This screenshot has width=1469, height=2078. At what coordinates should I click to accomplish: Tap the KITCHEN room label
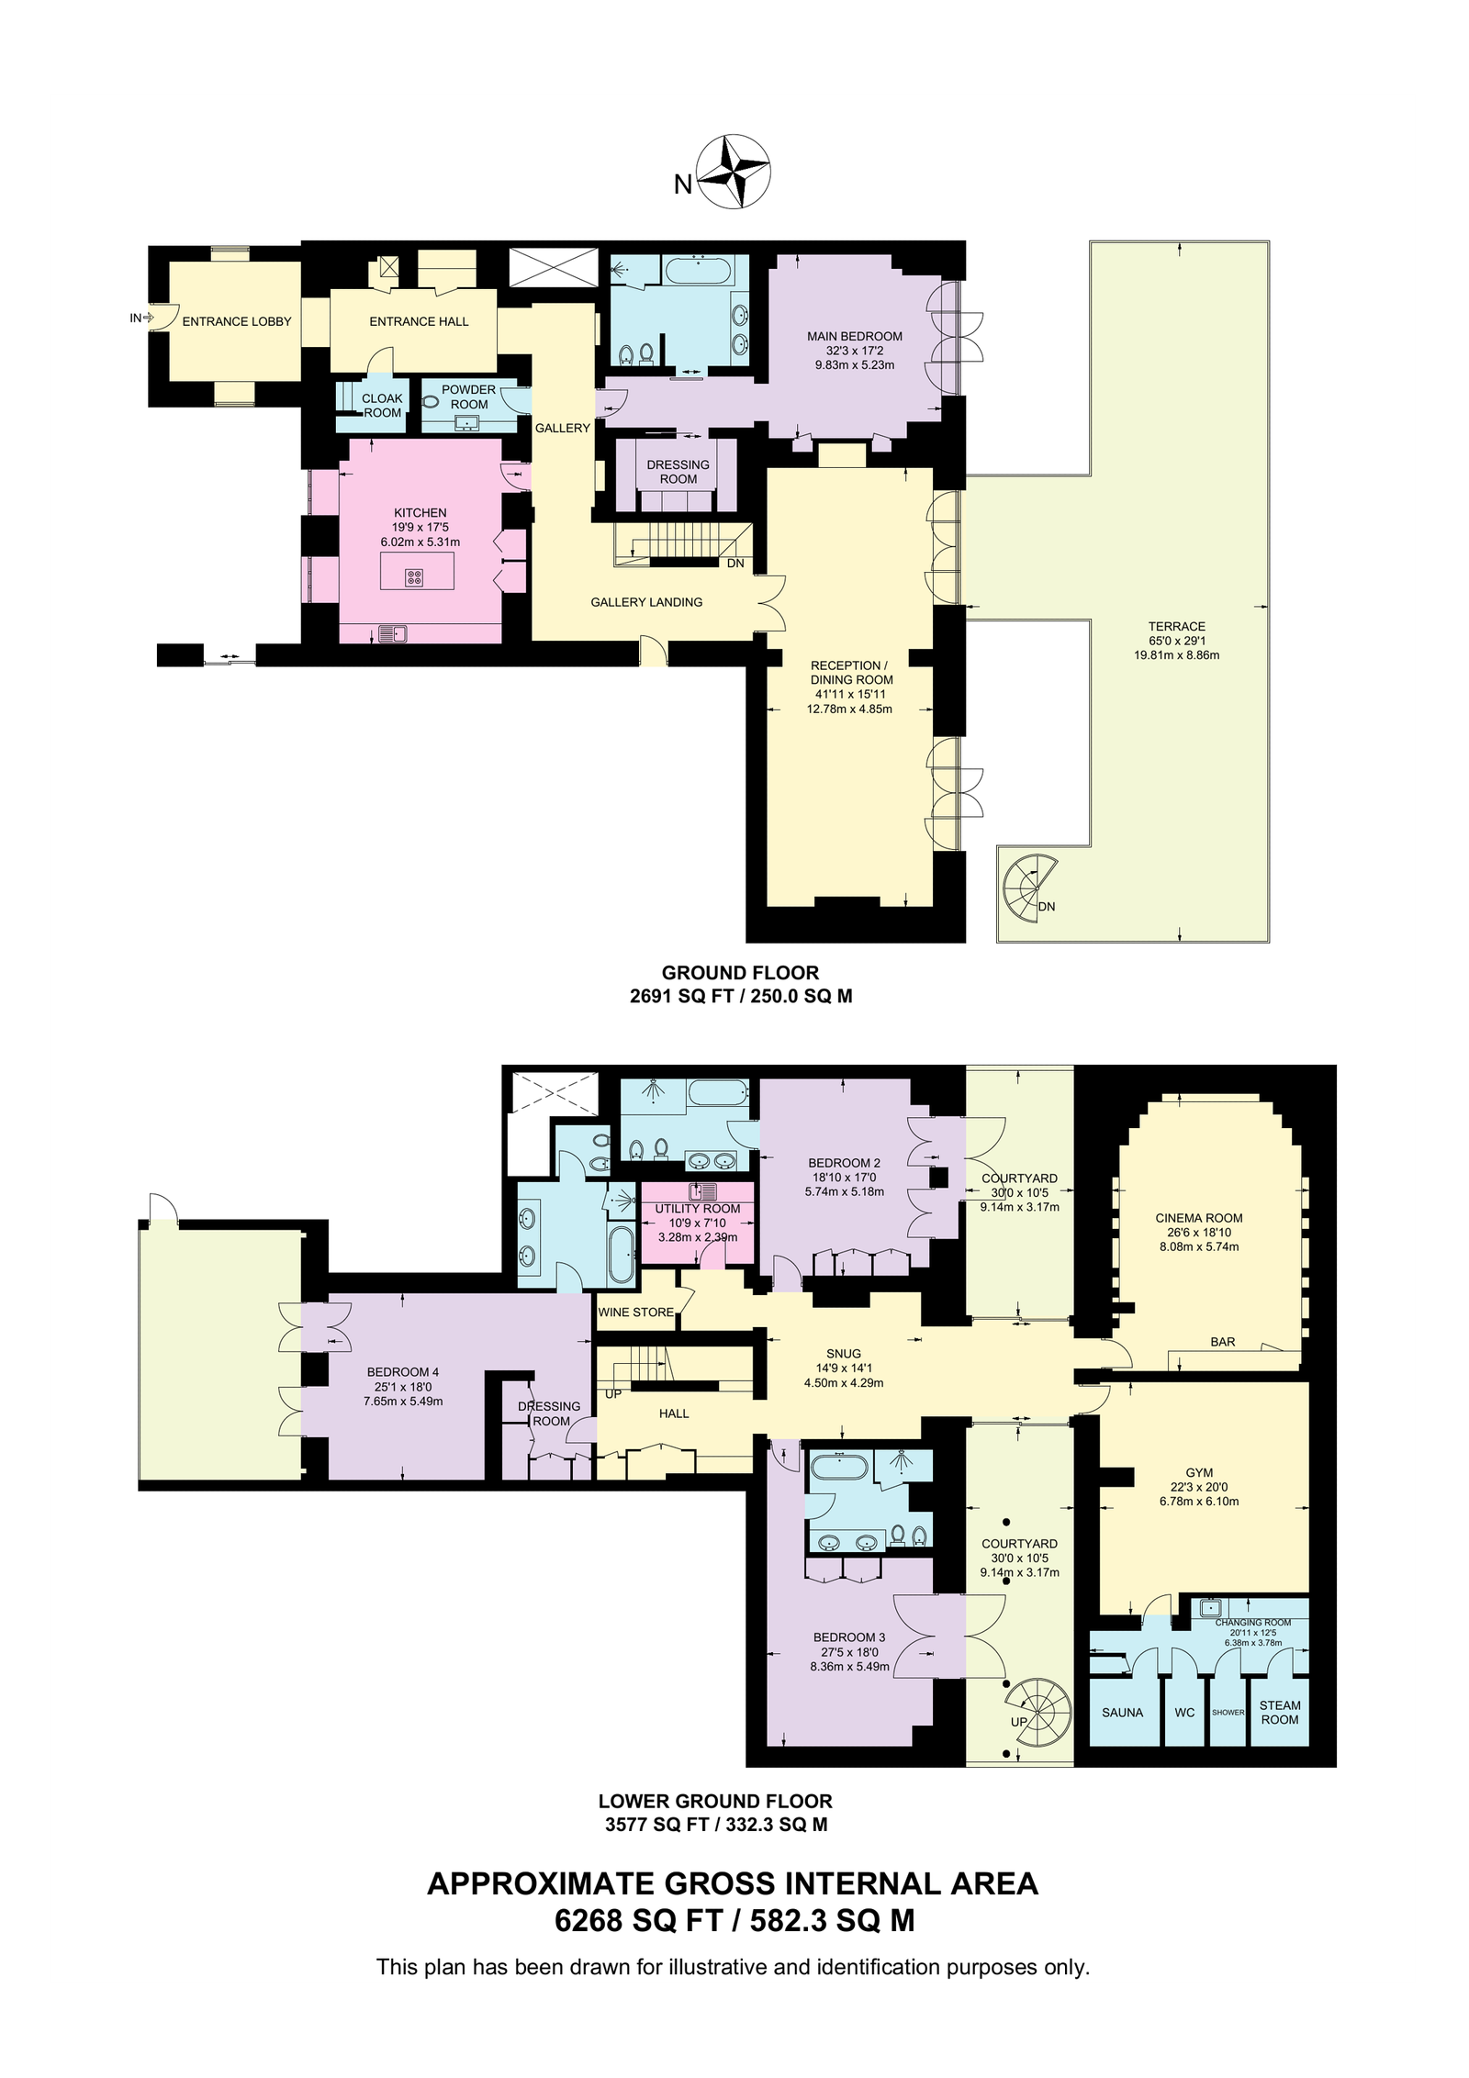(x=421, y=513)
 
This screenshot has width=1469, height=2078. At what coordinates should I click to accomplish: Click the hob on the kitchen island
(x=415, y=577)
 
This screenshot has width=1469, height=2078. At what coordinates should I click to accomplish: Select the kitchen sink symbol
(x=392, y=633)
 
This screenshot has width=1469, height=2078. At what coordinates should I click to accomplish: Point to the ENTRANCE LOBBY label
(x=237, y=321)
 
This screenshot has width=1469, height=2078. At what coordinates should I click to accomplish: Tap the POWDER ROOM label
(x=469, y=397)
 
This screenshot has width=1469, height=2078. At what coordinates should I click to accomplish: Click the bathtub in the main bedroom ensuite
(x=698, y=271)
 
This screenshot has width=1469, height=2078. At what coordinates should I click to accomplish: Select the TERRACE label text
(x=1177, y=626)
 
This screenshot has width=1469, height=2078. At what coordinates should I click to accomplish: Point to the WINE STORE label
(x=636, y=1312)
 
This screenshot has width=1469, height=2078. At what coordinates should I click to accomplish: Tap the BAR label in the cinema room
(x=1223, y=1341)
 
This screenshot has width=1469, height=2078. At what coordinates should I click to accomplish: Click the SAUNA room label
(x=1123, y=1712)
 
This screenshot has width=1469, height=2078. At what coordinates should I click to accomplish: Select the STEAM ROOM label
(x=1280, y=1712)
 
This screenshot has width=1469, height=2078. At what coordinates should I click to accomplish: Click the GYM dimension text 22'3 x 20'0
(x=1199, y=1487)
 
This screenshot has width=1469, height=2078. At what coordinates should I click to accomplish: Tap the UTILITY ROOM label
(x=698, y=1209)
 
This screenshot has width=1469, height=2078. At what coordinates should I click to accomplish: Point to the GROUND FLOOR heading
(x=741, y=973)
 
